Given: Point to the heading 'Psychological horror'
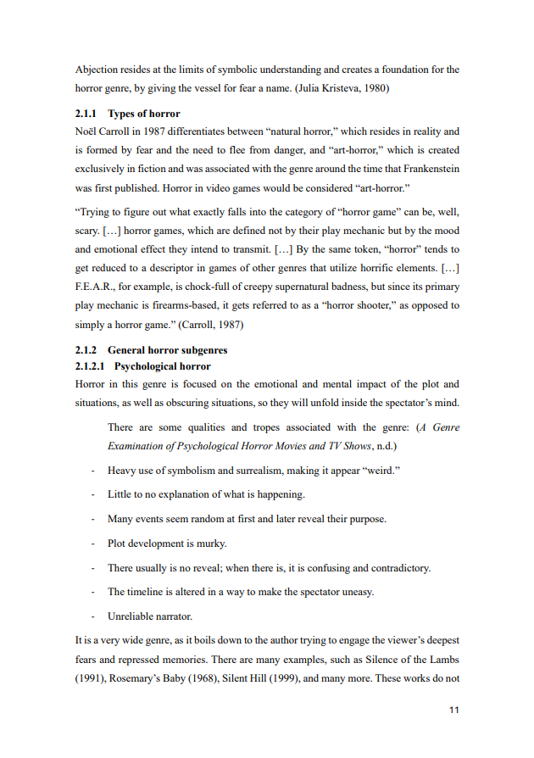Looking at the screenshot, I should (162, 366).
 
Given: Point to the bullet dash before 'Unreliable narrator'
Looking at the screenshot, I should (92, 616).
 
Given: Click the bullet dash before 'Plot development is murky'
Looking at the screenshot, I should (92, 543).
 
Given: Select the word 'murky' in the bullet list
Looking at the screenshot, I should (211, 543).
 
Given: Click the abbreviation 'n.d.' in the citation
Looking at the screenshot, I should (385, 445).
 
